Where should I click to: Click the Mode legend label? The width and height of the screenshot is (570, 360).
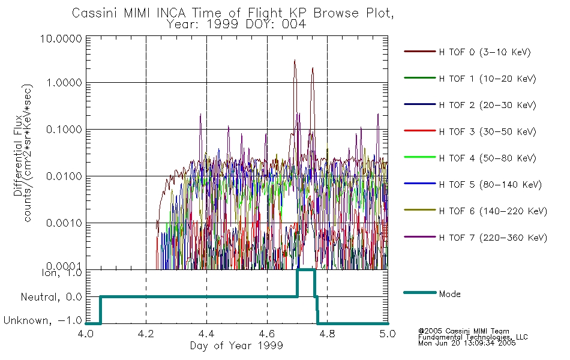pyautogui.click(x=449, y=294)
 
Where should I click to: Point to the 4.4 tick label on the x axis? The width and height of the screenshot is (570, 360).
pyautogui.click(x=206, y=334)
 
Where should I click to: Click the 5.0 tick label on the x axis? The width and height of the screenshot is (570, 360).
pyautogui.click(x=388, y=334)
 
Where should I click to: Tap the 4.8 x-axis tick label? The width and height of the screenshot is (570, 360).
pyautogui.click(x=327, y=334)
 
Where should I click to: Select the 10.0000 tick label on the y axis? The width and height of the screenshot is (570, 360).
pyautogui.click(x=61, y=38)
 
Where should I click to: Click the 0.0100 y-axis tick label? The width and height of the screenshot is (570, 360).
pyautogui.click(x=64, y=176)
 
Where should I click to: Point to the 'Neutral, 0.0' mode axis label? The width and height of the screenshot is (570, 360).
pyautogui.click(x=51, y=298)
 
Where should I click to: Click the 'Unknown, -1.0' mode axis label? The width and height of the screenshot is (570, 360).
pyautogui.click(x=43, y=320)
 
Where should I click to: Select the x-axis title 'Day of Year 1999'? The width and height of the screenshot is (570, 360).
pyautogui.click(x=236, y=346)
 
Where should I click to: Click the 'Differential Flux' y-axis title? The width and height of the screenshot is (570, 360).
pyautogui.click(x=18, y=155)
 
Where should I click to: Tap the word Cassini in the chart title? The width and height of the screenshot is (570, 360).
pyautogui.click(x=95, y=13)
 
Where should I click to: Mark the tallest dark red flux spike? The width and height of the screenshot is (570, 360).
pyautogui.click(x=295, y=61)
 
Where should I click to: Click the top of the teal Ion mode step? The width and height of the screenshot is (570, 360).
pyautogui.click(x=306, y=270)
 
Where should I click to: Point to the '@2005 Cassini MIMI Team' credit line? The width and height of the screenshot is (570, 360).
pyautogui.click(x=463, y=331)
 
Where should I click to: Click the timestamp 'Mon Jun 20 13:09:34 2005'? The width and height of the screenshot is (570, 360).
pyautogui.click(x=467, y=343)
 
